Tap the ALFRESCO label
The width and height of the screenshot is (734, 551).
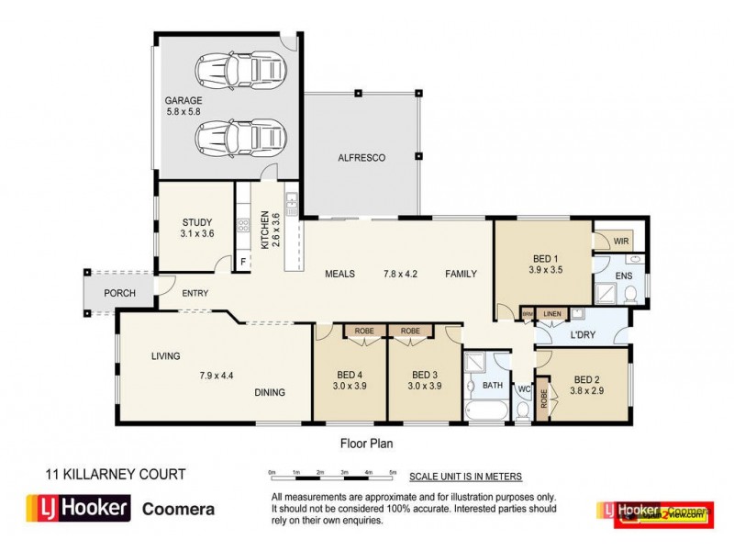[x=361, y=158]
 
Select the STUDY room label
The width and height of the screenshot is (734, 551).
[x=196, y=222]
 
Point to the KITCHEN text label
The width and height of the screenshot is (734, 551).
[x=265, y=230]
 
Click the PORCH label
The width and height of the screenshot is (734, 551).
[x=119, y=293]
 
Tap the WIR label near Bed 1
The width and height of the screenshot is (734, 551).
[x=621, y=240]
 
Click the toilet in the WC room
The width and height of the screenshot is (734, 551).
[x=522, y=413]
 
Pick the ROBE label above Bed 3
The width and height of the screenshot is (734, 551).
[x=409, y=331]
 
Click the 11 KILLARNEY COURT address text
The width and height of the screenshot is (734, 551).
[x=116, y=475]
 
